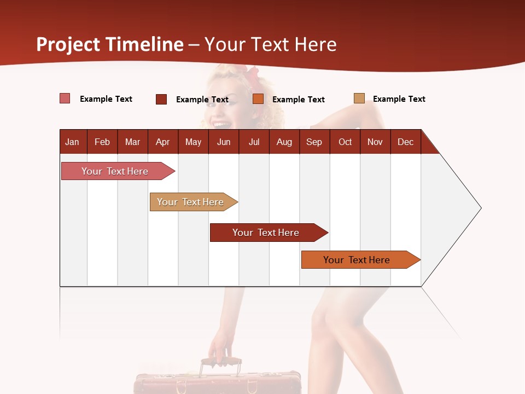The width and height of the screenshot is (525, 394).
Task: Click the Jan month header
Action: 72,142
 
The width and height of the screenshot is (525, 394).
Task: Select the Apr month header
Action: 162,142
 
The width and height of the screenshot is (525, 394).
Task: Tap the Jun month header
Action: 224,142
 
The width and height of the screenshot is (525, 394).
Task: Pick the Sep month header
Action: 314,142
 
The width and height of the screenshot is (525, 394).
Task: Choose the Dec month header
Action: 405,142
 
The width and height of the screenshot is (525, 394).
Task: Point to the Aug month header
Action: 284,142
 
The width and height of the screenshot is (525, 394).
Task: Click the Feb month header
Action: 102,142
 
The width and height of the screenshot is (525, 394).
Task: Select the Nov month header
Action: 375,142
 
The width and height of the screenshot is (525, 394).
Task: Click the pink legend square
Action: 65,99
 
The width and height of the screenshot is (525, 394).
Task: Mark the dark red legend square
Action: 161,99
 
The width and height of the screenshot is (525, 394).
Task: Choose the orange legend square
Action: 258,99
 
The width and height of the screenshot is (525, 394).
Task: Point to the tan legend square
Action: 359,99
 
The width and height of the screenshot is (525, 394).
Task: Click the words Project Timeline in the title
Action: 110,44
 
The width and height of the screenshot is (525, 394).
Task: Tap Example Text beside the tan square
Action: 399,99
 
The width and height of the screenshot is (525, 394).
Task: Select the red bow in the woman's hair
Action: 253,76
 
